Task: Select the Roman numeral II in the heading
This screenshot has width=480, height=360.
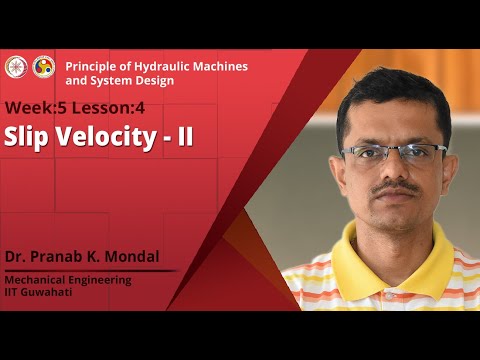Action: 184,137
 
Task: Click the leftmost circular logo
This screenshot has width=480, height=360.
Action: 15,67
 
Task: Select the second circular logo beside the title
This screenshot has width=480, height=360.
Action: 44,67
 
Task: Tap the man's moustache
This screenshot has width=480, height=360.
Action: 396,187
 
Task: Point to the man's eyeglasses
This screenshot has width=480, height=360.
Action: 394,153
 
